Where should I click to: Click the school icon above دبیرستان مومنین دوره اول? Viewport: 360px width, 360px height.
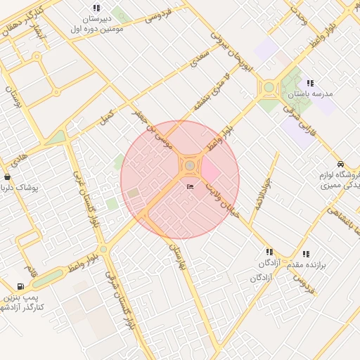point(96,8)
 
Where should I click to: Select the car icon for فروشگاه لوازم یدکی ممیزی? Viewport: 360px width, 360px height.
point(340,163)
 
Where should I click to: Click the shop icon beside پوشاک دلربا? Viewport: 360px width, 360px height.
point(7,176)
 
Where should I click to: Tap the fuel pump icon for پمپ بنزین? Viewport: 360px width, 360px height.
point(20,286)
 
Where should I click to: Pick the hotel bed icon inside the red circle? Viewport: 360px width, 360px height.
point(190,187)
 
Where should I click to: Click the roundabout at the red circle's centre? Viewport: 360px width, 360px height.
point(190,166)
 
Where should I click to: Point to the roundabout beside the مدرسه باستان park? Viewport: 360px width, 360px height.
point(269,89)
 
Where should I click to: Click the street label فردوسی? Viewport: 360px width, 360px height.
point(160,15)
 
